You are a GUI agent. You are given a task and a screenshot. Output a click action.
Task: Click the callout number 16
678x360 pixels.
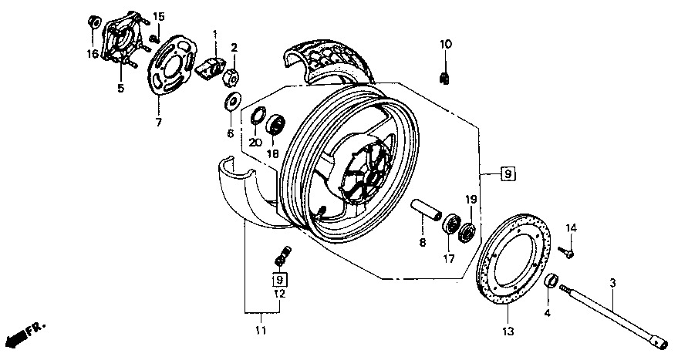(x=93, y=54)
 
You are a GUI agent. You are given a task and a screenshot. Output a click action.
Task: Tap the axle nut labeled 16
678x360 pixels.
(x=93, y=21)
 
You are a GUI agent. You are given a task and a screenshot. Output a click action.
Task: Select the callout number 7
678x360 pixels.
(x=159, y=121)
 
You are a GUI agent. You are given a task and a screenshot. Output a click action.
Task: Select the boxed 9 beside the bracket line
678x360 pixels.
(x=508, y=174)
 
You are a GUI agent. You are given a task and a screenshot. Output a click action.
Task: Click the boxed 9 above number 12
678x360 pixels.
(x=279, y=278)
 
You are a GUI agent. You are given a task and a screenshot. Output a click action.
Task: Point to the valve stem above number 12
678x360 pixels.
(x=282, y=253)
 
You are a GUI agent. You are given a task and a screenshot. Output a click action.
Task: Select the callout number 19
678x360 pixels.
(x=471, y=200)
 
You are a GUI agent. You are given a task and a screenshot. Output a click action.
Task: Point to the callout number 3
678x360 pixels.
(x=612, y=284)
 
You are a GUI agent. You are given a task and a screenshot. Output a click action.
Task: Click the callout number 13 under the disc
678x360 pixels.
(x=508, y=332)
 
